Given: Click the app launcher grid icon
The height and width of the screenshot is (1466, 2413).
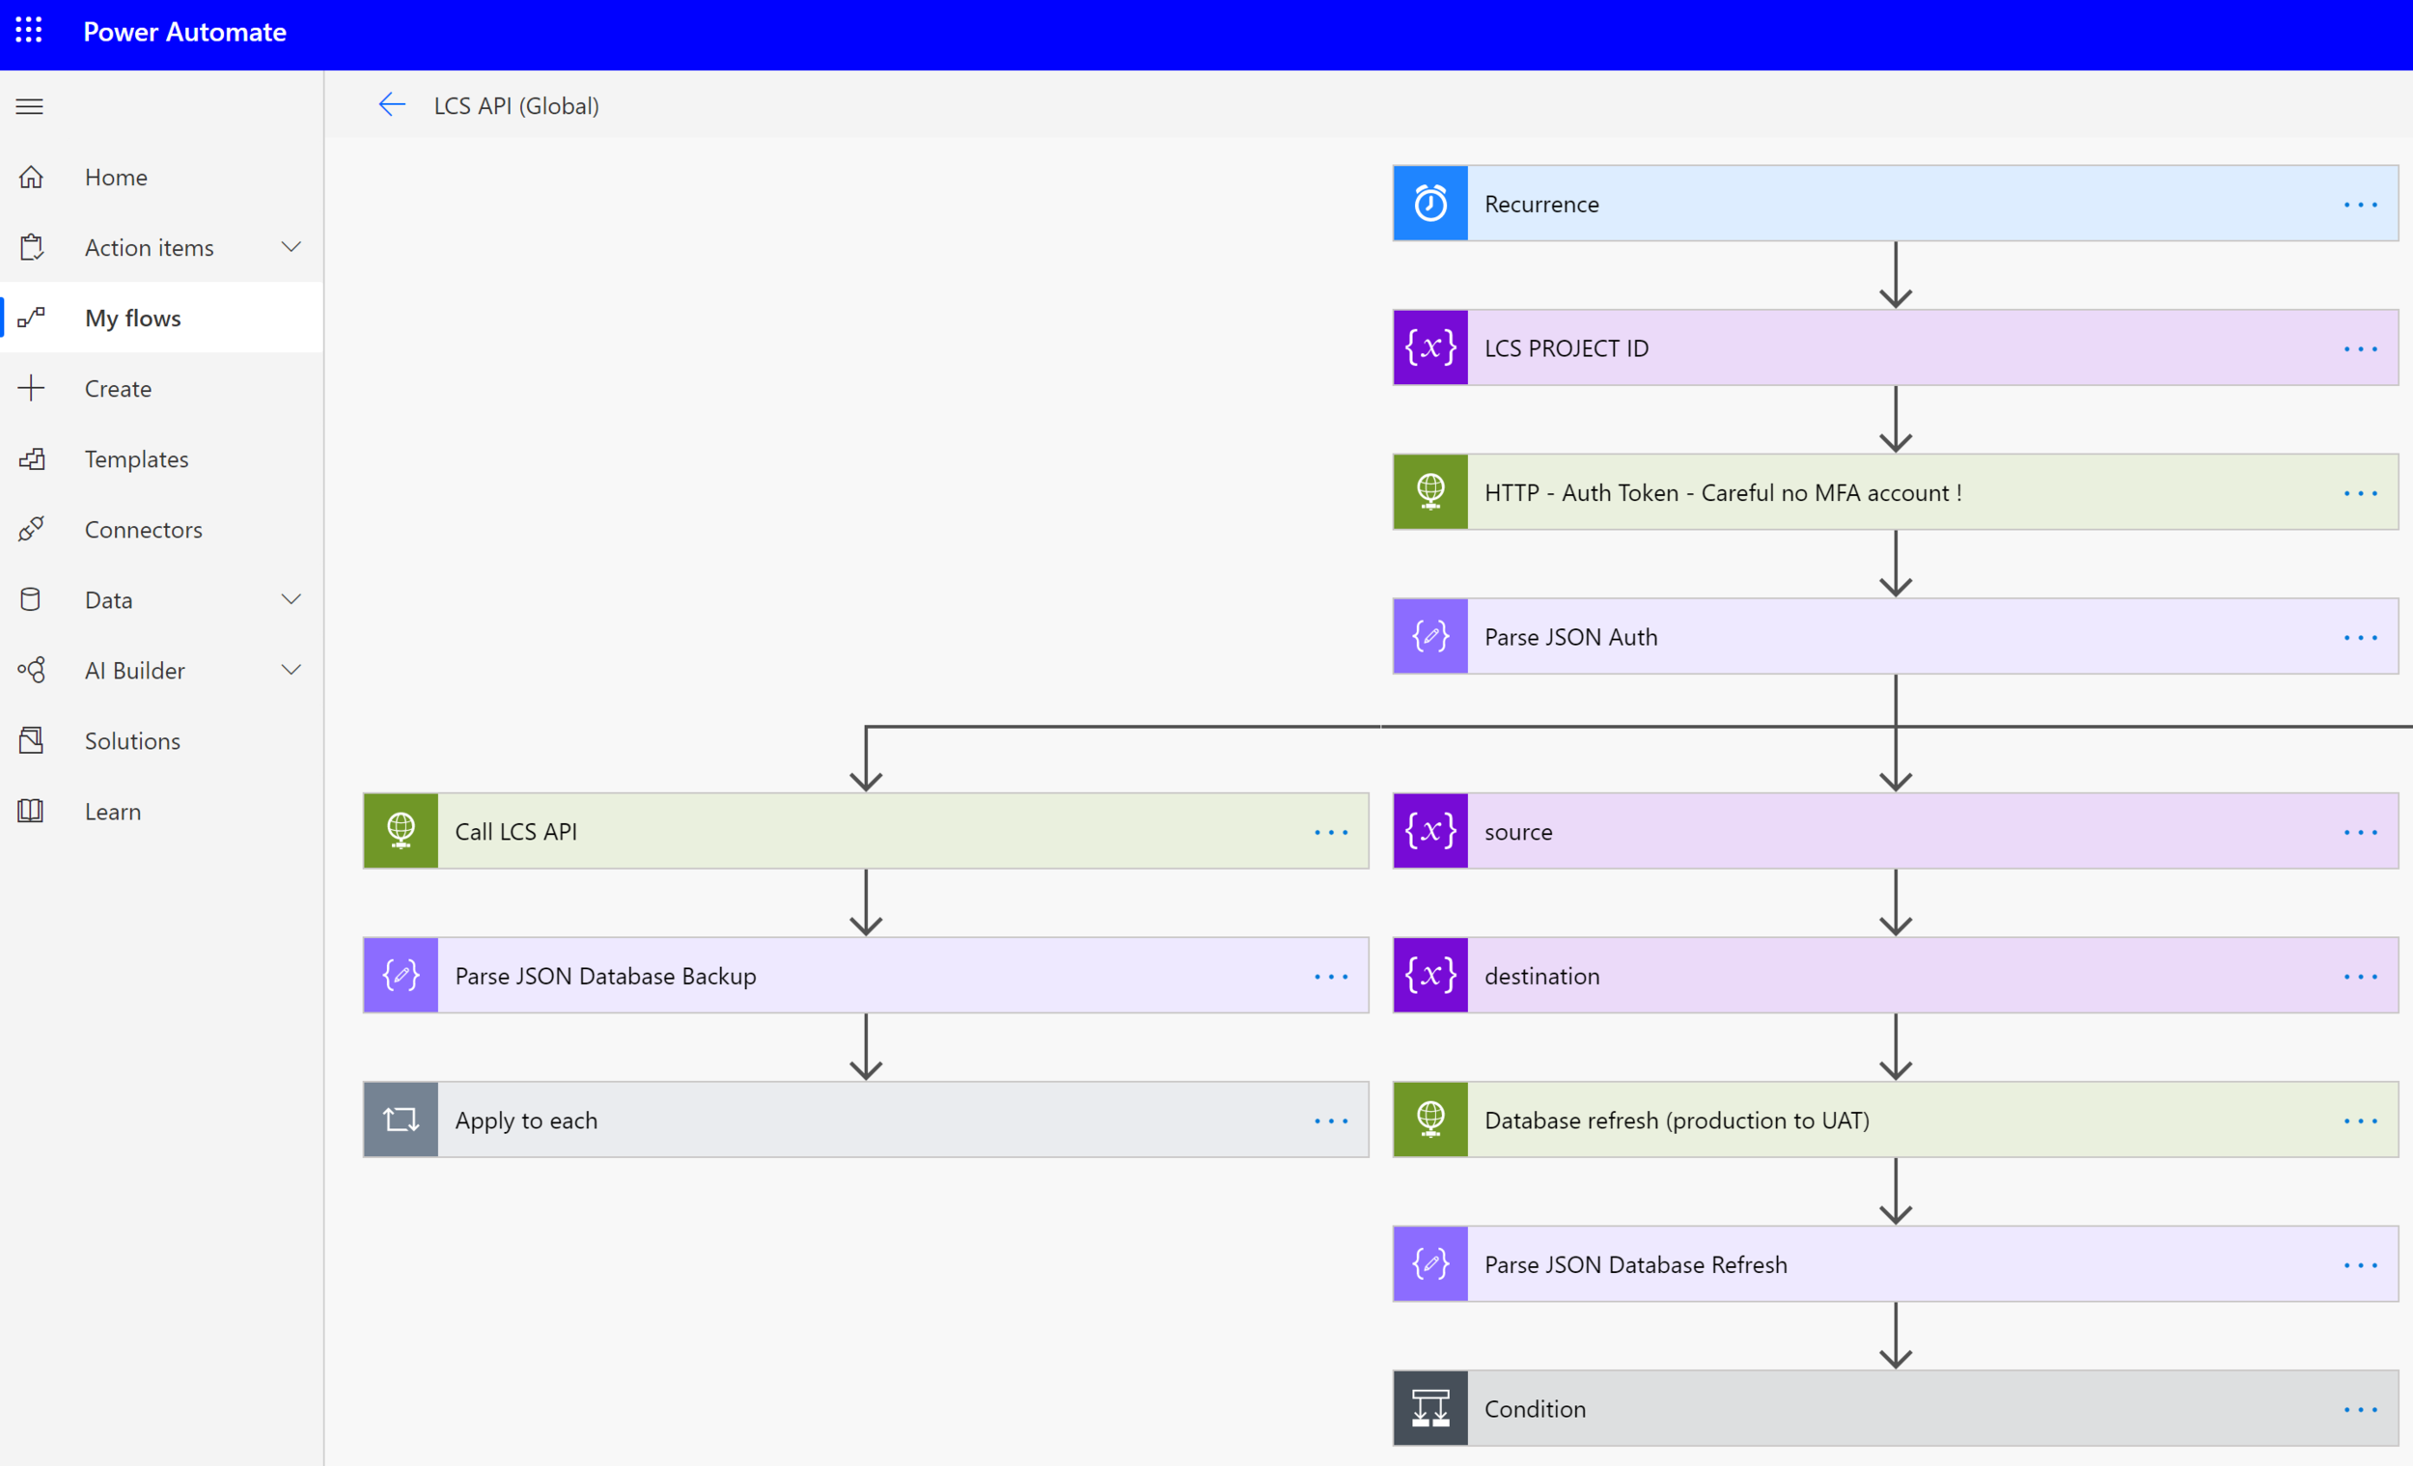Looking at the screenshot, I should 29,30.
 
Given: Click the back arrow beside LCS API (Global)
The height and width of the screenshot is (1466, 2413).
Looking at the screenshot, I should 392,105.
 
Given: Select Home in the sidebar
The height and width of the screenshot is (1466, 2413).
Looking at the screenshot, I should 116,178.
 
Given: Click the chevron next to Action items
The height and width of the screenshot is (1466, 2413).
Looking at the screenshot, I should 291,247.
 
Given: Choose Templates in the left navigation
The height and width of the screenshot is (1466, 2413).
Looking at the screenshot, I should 136,459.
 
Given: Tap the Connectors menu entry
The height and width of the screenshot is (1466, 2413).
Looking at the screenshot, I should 143,530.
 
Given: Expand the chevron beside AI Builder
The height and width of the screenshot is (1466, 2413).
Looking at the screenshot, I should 291,670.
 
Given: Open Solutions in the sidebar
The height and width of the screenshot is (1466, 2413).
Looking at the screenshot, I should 132,741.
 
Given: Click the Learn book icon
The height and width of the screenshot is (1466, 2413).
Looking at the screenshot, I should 30,811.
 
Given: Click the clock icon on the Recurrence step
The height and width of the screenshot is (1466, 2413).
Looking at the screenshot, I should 1429,204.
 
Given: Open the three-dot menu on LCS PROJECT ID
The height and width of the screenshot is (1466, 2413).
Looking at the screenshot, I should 2360,348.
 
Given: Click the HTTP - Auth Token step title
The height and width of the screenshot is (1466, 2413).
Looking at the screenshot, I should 1723,492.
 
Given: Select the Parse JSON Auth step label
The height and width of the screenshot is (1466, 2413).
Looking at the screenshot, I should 1570,638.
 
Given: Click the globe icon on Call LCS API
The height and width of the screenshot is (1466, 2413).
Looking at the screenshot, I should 401,831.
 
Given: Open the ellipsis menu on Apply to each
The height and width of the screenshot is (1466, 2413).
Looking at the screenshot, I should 1331,1120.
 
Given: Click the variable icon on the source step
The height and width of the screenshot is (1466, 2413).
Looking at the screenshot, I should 1429,831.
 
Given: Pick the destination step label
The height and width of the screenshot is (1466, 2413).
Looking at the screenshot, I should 1541,977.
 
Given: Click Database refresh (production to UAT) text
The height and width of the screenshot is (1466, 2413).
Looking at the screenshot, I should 1677,1120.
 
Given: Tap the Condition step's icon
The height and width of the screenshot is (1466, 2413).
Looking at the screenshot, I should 1429,1408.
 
